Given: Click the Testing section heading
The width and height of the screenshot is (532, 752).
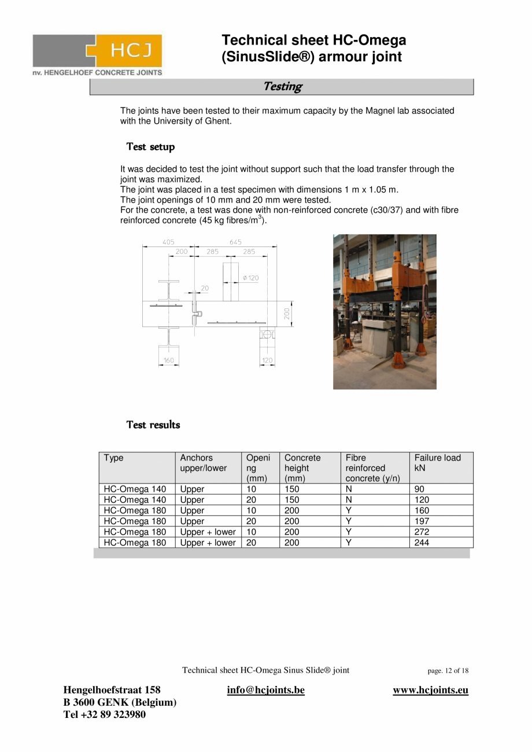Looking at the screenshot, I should point(282,87).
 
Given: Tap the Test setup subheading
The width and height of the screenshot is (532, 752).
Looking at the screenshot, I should point(150,147).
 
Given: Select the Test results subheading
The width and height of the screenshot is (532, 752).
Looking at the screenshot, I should point(153,425).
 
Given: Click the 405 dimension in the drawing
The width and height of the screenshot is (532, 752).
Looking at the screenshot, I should point(168,242).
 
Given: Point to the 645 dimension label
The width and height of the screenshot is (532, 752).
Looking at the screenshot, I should point(235,242).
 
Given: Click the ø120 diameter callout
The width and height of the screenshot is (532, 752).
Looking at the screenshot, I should point(250,278).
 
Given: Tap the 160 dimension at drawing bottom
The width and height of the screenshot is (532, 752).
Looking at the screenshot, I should point(168,360).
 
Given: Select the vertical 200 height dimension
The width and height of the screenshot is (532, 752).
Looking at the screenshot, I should point(286,313).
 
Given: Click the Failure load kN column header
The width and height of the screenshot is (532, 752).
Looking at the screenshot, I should point(437,463).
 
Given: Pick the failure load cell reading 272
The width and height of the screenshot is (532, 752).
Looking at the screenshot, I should point(422,532).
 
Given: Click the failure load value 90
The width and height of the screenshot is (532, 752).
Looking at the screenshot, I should point(419,489).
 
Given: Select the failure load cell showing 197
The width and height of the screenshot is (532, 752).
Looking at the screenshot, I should point(422,521).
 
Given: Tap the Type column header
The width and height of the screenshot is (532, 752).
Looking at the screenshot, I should point(114,458).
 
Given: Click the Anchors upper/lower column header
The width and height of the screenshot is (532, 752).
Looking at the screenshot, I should point(203,463).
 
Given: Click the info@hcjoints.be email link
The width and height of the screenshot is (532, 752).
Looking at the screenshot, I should point(266,690).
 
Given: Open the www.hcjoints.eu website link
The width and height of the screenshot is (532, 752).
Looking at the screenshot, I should point(430,690).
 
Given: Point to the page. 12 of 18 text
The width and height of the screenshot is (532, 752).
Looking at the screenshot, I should point(448,671).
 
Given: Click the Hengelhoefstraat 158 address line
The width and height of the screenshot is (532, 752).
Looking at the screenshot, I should point(112,690).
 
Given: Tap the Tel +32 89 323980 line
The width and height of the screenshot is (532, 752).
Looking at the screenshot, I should point(104,714).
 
